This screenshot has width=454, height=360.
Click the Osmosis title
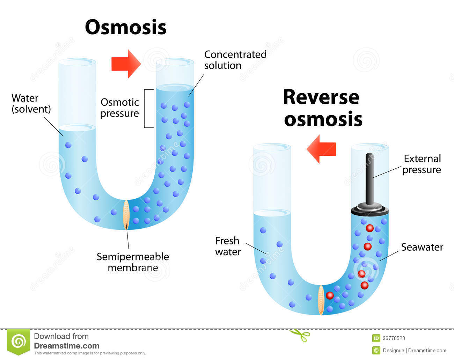(x=125, y=27)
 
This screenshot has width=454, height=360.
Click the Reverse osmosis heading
(x=322, y=108)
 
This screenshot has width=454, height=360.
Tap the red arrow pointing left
(x=321, y=149)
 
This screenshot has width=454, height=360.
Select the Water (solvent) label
(x=31, y=103)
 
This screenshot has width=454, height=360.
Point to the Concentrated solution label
(x=235, y=60)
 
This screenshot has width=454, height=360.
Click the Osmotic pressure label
(x=120, y=108)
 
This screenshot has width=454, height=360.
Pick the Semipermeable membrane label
(x=133, y=262)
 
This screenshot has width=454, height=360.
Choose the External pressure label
(x=422, y=164)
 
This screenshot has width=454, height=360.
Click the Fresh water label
(x=228, y=246)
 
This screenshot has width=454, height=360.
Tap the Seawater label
(x=422, y=247)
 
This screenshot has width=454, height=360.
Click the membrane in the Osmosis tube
(x=126, y=214)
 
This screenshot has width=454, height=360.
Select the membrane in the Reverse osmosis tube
(x=321, y=300)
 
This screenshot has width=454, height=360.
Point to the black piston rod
(x=369, y=178)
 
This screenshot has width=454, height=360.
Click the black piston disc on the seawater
(x=369, y=210)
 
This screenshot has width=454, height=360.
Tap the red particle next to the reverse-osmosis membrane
(x=329, y=295)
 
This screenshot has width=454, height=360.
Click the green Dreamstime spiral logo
(x=19, y=341)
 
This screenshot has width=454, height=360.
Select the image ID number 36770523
(x=394, y=338)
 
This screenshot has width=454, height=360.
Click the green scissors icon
(x=300, y=335)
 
